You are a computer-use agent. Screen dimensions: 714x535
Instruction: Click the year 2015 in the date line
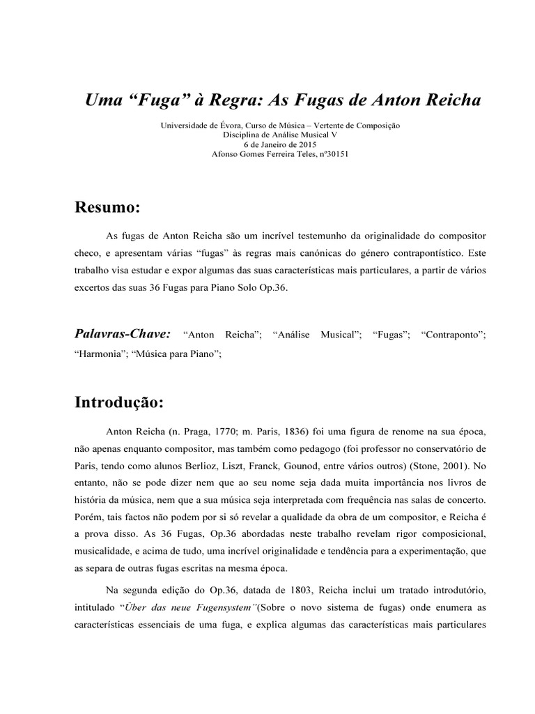(301, 144)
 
